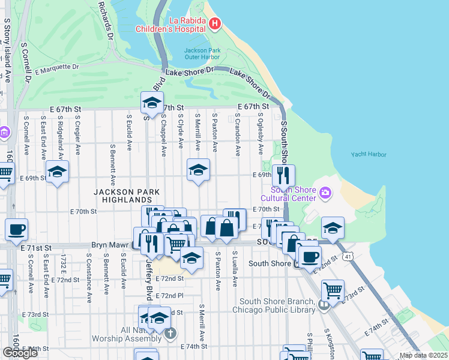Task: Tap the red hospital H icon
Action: pos(215,24)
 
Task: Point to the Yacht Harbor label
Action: pos(369,154)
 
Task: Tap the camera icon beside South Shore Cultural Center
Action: pos(325,193)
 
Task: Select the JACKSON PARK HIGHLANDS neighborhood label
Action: pos(127,196)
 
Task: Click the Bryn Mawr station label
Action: pos(111,245)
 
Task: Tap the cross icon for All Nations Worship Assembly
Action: pos(170,333)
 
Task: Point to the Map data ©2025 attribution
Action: pos(423,355)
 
